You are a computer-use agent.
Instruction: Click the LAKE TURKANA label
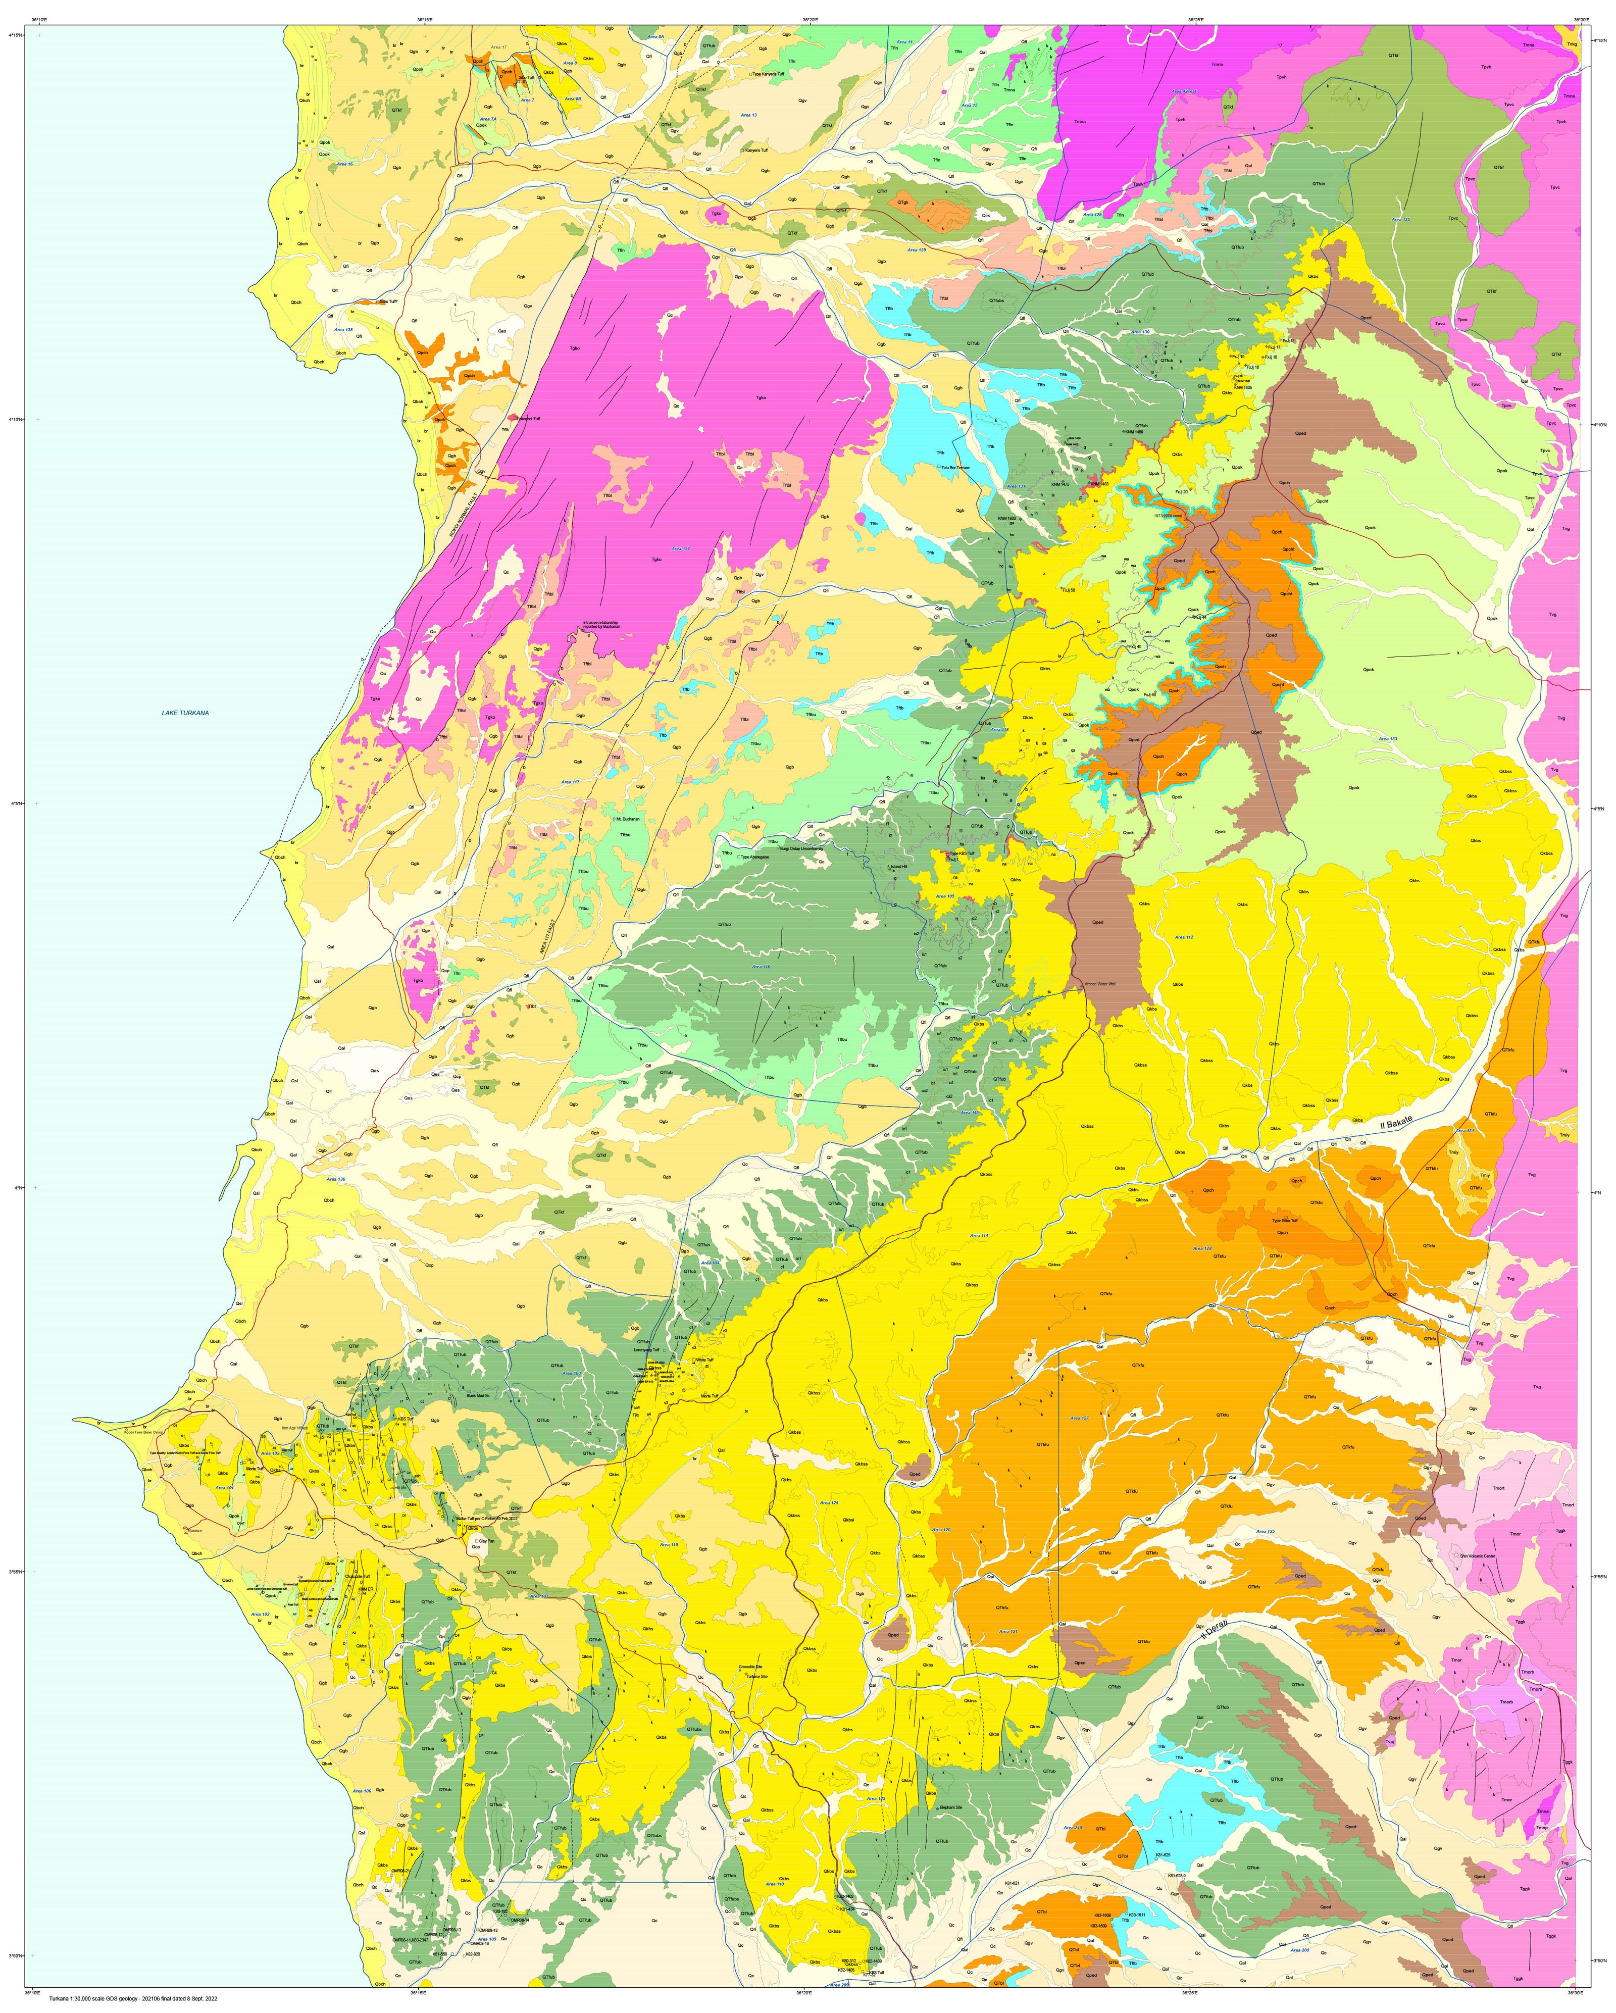185,713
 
